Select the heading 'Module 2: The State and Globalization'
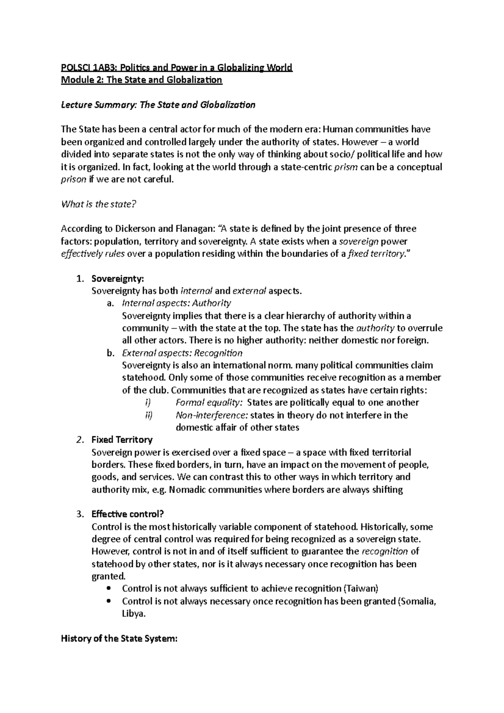(141, 80)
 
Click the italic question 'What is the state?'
(99, 204)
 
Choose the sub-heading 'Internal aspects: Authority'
(176, 303)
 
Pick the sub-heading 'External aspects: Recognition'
(182, 353)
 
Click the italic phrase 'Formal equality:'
(209, 403)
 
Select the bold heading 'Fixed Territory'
(122, 440)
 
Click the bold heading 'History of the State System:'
(120, 639)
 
